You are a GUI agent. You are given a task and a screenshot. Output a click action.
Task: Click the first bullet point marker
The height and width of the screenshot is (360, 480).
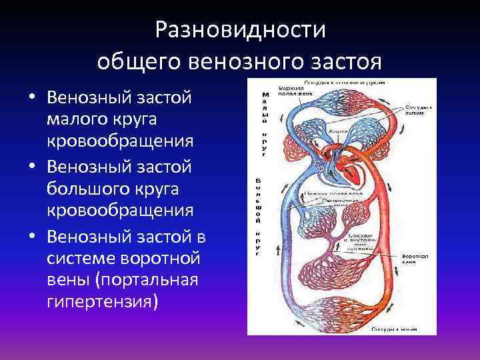(x=31, y=97)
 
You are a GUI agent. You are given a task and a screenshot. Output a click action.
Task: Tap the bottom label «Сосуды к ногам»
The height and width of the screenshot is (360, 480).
(x=395, y=329)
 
